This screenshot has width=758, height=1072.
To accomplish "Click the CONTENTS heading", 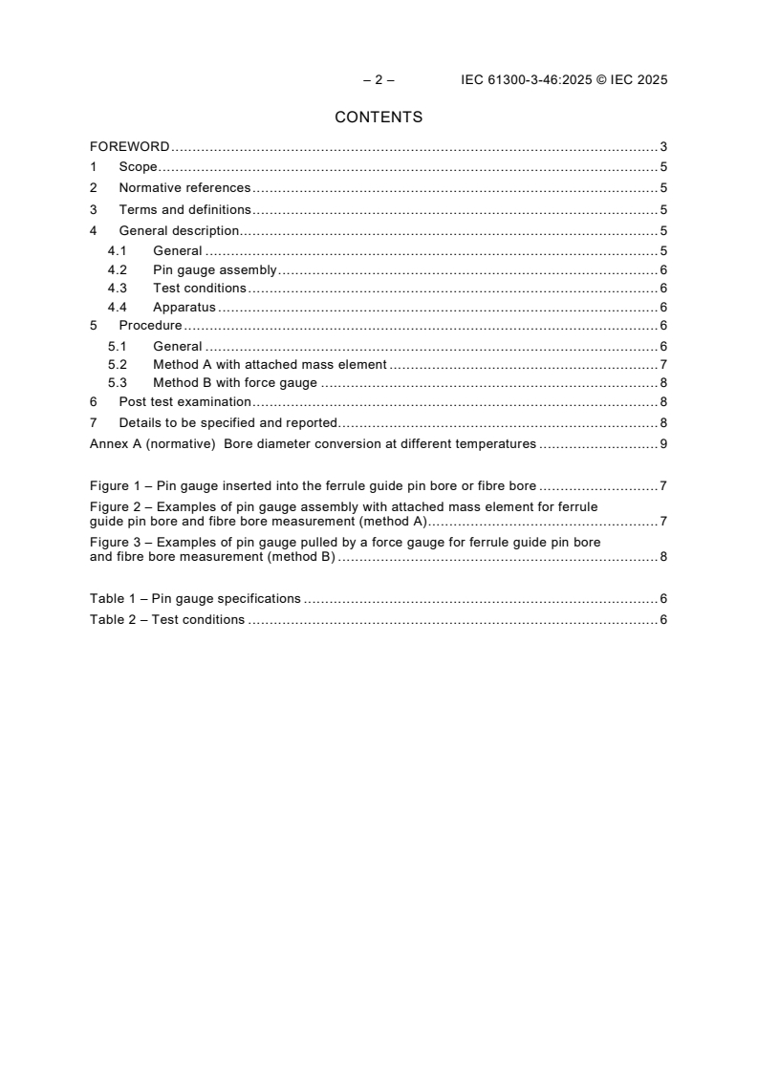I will [379, 118].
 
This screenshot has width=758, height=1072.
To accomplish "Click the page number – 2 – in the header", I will [379, 80].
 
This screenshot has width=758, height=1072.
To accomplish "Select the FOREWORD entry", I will [130, 147].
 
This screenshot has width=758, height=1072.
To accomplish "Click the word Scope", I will [138, 167].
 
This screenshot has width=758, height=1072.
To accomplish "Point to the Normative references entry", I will [184, 188].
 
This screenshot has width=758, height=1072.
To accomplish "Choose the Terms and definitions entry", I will [184, 209].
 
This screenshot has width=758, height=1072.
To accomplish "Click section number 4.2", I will [117, 270].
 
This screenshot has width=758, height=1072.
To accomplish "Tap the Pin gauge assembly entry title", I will [214, 270].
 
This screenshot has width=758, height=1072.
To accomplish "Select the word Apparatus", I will [184, 308].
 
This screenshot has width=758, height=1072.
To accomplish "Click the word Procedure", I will [150, 326].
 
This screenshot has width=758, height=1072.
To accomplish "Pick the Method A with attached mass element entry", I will [270, 364].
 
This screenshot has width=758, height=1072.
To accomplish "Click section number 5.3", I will [117, 383].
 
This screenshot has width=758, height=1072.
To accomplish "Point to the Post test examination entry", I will [184, 402].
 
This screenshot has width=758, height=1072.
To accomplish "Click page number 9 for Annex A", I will [662, 443].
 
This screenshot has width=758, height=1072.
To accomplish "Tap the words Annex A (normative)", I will [152, 443].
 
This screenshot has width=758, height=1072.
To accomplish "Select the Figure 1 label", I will [119, 485].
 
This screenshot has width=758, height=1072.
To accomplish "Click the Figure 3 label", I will [119, 542].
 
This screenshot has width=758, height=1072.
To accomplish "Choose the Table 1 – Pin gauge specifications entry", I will [195, 599].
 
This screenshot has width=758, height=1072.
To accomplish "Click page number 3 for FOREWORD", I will [662, 147].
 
